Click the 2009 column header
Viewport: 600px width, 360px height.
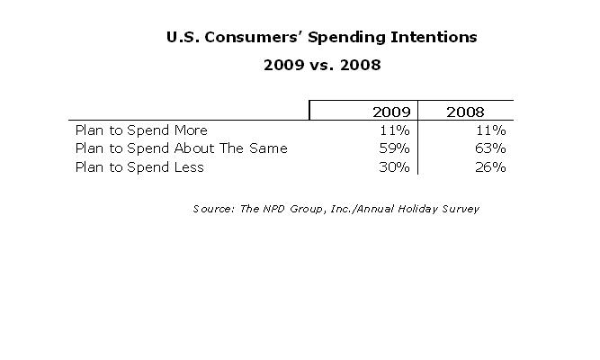(x=391, y=112)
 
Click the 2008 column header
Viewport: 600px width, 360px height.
(x=465, y=112)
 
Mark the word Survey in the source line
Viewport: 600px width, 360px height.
(x=460, y=209)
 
